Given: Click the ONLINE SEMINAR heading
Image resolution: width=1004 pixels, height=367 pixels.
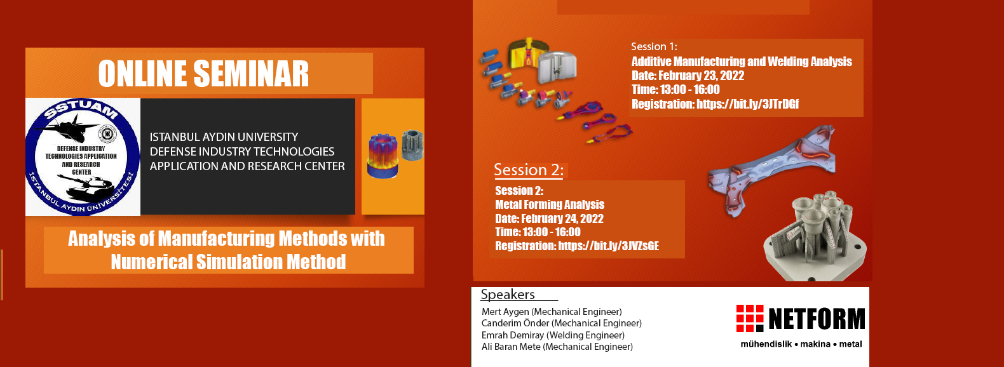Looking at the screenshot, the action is [x=203, y=74].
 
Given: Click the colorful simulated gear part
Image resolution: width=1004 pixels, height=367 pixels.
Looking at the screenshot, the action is [x=383, y=155].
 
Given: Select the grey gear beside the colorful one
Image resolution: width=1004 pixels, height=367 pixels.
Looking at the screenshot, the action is [x=412, y=144].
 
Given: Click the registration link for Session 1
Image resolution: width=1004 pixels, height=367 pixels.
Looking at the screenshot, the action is [x=747, y=104].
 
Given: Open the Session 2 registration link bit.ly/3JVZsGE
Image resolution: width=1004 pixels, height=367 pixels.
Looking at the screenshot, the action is [x=608, y=246].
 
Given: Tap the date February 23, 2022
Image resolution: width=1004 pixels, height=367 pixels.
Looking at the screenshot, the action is [x=701, y=76].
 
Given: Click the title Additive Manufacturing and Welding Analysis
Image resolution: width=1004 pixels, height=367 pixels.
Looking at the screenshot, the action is [x=742, y=62].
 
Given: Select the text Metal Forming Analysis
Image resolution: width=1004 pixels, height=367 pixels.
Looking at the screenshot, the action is [x=550, y=205].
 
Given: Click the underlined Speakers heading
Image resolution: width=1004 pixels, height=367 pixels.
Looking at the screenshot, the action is [x=508, y=295].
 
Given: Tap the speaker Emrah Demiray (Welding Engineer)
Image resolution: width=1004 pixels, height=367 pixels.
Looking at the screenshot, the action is [x=553, y=335].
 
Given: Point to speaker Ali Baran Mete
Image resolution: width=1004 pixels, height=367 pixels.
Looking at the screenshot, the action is [x=511, y=347].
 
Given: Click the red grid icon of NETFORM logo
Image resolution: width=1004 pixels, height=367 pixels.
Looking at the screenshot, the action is [x=750, y=318].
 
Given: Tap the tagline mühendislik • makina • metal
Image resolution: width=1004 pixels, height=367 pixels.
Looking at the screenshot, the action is [x=801, y=344].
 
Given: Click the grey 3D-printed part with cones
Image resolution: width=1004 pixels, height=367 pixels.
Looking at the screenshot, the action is [x=815, y=237].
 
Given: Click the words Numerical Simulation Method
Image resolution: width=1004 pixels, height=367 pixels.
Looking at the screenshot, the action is [x=229, y=262].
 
